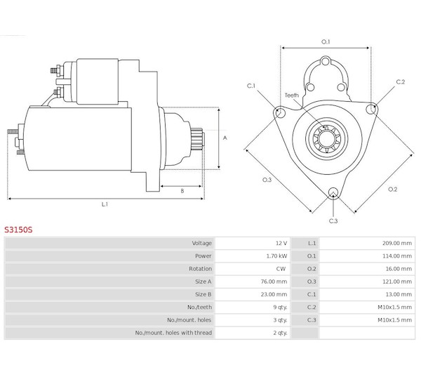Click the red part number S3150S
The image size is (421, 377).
point(18,230)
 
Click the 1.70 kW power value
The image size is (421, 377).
point(276,256)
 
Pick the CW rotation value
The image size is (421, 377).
point(281,269)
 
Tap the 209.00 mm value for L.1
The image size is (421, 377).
point(397,243)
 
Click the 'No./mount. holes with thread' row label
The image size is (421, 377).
point(173,333)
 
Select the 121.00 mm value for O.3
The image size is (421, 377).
point(397,282)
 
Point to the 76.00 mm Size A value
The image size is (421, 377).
point(274,282)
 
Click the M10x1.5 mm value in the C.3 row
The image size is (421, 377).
point(394,320)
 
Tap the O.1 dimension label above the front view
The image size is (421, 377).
point(326,41)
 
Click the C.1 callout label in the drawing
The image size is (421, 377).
point(251,86)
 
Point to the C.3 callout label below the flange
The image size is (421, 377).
point(333,221)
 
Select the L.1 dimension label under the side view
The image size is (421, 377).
point(105,204)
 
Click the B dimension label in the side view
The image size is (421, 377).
point(182,191)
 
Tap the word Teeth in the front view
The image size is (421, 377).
point(292,95)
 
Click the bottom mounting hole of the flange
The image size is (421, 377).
point(333,192)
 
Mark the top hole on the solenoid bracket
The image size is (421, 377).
point(326,61)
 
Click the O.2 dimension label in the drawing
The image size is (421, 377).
point(392,189)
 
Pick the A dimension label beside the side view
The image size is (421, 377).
point(225,138)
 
